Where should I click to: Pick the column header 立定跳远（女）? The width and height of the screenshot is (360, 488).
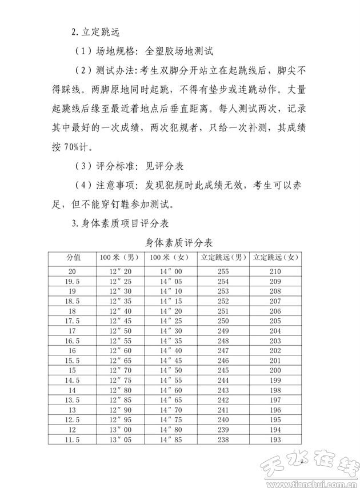(275, 257)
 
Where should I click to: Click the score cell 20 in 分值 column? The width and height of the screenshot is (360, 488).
(73, 270)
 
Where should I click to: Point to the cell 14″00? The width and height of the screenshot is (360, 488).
(170, 270)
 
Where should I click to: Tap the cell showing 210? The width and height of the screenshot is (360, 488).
(275, 270)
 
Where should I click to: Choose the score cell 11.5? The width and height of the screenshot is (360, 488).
(73, 439)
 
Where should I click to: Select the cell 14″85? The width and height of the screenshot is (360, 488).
(170, 439)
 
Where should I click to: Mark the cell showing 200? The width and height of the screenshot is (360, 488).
(275, 370)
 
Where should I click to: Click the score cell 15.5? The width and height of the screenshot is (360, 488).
(73, 360)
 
